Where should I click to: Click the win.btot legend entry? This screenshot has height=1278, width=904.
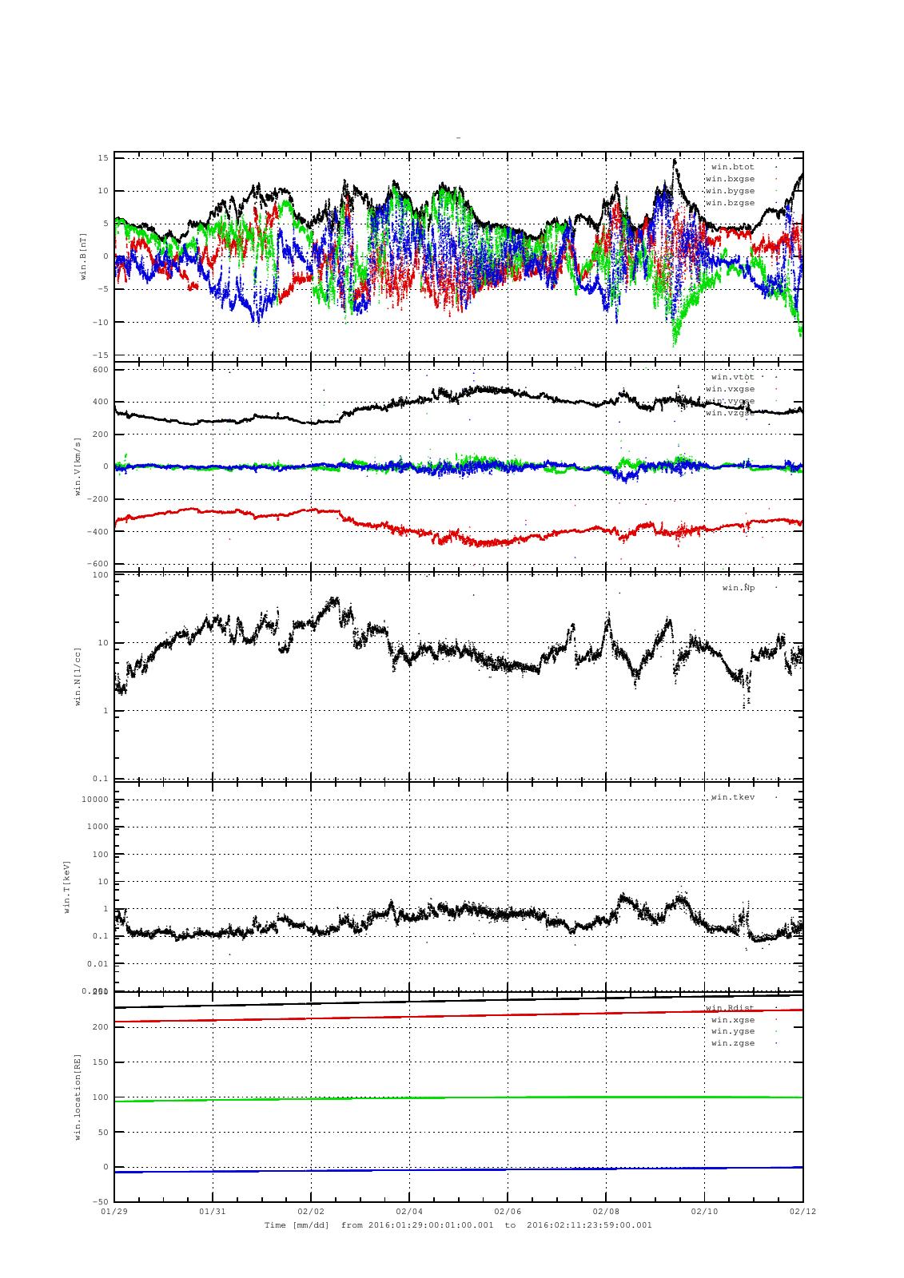coord(732,167)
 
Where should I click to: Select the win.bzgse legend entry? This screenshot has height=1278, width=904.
coord(730,203)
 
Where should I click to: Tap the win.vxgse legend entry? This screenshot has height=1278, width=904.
coord(730,389)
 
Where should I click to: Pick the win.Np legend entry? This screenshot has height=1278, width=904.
coord(738,588)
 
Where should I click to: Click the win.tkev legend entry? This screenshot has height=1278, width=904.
coord(732,797)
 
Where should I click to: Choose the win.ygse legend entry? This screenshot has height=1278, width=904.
coord(732,1031)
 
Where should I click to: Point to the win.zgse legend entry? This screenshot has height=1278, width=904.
coord(732,1043)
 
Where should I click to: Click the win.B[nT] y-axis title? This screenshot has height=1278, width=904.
coord(82,256)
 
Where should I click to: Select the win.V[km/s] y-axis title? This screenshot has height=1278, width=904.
coord(78,466)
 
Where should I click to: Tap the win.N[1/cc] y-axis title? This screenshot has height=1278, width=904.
coord(78,676)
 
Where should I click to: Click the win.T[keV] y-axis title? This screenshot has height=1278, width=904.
coord(67,886)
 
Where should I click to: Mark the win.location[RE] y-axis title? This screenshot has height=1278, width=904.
coord(78,1096)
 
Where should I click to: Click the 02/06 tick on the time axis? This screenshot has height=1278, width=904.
coord(508,1211)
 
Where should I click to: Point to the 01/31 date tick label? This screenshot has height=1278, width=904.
coord(213,1211)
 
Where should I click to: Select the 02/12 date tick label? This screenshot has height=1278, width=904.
coord(802,1211)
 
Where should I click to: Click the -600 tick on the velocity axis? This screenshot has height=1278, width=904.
coord(98,564)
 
